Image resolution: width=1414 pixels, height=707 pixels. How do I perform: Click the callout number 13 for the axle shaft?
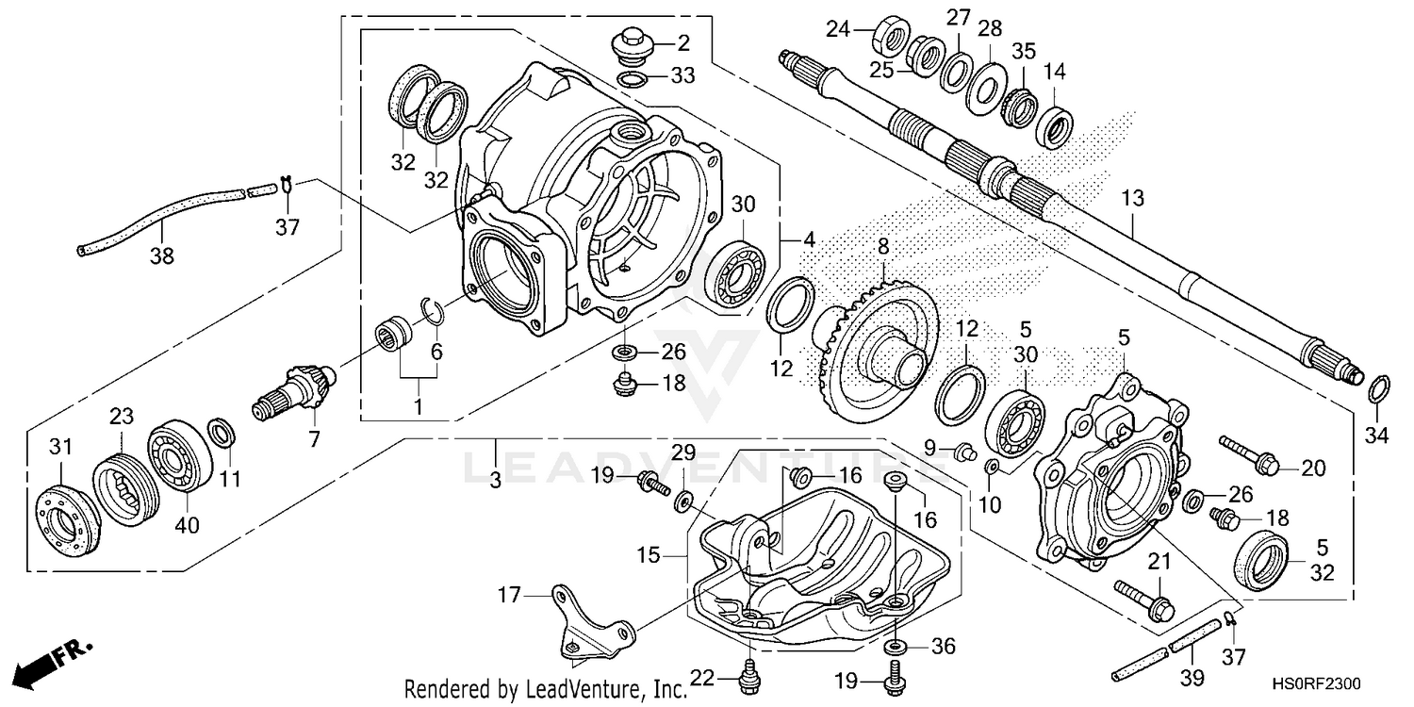click(1132, 198)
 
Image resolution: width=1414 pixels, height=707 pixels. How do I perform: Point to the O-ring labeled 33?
click(633, 77)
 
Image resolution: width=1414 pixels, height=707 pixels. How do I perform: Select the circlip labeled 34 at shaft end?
click(1376, 386)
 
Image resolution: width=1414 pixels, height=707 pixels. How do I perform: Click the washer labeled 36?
click(895, 648)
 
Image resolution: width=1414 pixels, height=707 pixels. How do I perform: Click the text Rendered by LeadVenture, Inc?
click(545, 691)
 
